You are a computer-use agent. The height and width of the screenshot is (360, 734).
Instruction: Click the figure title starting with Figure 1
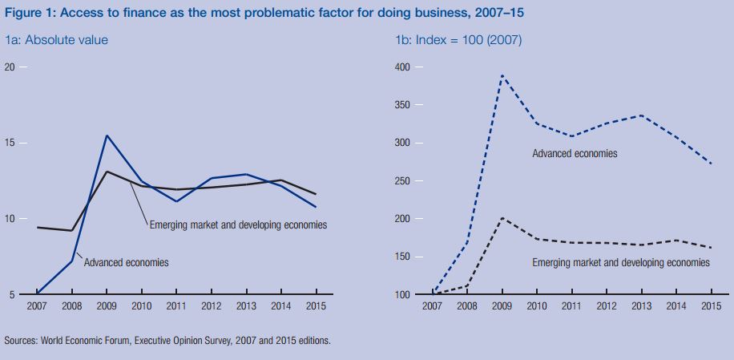point(264,13)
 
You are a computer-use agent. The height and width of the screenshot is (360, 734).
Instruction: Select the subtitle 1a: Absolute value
point(56,39)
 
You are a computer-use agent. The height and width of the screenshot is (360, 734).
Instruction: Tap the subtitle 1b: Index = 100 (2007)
point(458,39)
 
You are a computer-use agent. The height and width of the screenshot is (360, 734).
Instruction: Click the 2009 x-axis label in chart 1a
point(107,305)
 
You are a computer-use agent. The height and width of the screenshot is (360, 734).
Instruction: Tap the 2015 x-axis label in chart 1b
point(711,305)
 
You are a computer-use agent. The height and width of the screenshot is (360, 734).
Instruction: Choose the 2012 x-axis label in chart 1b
point(606,305)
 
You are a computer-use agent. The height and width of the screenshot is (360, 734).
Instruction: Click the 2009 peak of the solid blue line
point(107,136)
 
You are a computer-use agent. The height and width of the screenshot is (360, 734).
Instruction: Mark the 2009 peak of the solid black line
point(107,172)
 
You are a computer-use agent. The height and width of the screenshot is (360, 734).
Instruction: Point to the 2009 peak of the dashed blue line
point(502,75)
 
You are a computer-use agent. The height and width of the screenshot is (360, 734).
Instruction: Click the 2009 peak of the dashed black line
point(502,218)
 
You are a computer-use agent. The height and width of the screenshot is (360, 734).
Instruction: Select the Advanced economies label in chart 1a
point(126,262)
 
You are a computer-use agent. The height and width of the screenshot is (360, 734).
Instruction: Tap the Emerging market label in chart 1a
point(238,224)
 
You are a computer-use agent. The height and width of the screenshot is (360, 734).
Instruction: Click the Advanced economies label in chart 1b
point(575,153)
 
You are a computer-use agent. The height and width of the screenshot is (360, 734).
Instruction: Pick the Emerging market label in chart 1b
point(621,262)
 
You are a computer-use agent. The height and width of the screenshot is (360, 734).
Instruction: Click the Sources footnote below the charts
point(167,341)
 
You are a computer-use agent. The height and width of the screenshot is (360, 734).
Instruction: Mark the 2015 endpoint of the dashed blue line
point(711,164)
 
